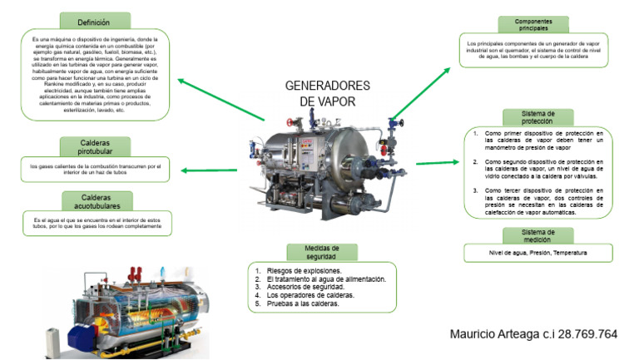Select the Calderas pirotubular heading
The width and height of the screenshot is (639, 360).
(x=94, y=146)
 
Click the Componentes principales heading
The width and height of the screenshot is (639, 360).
(x=532, y=24)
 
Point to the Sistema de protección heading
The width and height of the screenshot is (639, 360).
(x=537, y=116)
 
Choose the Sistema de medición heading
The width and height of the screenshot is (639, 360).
(x=537, y=234)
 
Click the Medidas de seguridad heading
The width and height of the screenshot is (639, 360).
(x=322, y=252)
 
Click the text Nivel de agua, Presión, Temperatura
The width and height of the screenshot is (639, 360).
(x=537, y=252)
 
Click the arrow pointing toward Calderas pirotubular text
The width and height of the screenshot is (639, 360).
(x=209, y=171)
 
